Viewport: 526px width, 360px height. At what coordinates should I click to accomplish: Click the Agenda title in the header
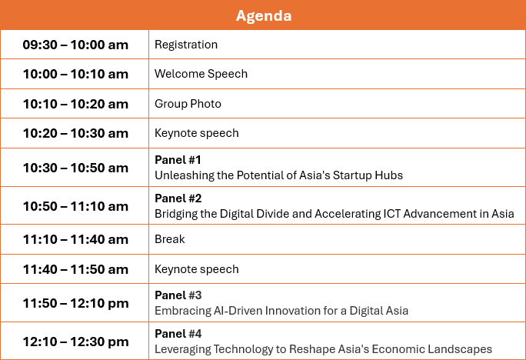point(264,15)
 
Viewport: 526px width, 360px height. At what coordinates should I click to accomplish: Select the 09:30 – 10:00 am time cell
point(75,45)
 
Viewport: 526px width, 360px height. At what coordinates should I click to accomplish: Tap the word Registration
point(186,45)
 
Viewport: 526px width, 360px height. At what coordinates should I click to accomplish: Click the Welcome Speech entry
point(201,74)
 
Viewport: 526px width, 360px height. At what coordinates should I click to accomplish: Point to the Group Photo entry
point(188,104)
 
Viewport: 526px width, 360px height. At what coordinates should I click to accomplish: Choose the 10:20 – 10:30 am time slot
point(75,133)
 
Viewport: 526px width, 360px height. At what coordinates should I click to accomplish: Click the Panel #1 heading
point(178,160)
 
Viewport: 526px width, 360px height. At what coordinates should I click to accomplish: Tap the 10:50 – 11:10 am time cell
point(75,206)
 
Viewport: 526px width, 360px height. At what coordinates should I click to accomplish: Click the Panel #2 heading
point(178,198)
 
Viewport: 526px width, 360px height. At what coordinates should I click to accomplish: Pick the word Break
point(170,239)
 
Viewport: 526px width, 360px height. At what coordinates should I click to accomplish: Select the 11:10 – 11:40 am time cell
point(75,239)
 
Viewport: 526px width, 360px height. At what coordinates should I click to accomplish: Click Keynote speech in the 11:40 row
point(197,269)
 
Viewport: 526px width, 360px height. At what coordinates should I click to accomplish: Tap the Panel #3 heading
point(178,295)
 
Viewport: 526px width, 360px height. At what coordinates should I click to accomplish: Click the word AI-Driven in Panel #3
point(238,311)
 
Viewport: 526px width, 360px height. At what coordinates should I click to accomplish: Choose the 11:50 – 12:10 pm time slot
point(75,303)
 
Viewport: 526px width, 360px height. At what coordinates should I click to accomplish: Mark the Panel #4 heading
point(178,334)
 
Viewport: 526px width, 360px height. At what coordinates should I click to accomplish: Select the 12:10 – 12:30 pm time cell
point(75,342)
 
